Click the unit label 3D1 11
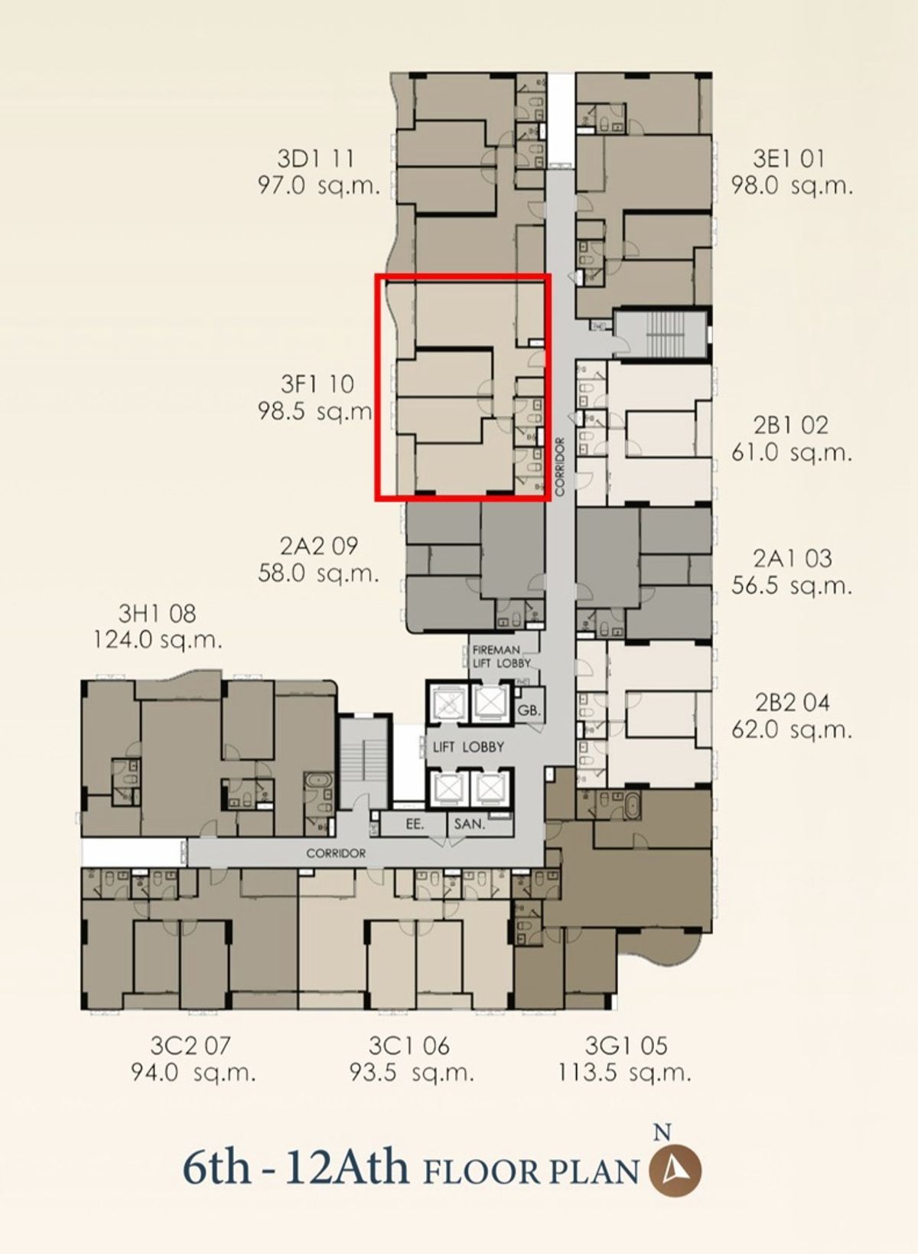[x=316, y=159]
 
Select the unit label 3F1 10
[x=317, y=384]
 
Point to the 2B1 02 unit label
[x=791, y=426]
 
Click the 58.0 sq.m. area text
[x=318, y=573]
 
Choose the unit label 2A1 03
[x=792, y=558]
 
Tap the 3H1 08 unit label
[x=157, y=613]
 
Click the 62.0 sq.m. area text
[x=792, y=730]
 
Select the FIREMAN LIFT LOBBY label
[x=501, y=657]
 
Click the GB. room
[x=529, y=711]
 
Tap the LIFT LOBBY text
[x=468, y=746]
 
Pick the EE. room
[x=415, y=824]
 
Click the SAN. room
[x=470, y=824]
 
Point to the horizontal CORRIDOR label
[x=336, y=854]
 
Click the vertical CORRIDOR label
[x=561, y=466]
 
